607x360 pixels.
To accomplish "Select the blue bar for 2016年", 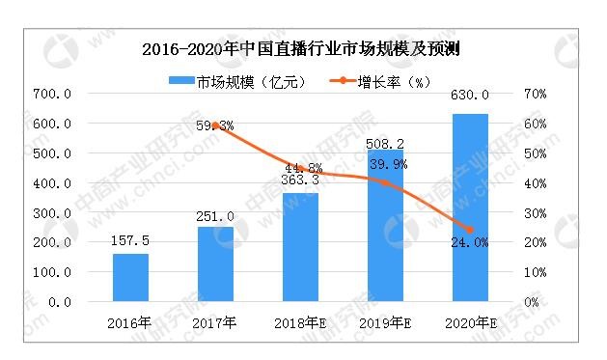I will [130, 277].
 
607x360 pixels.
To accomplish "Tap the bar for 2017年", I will [215, 263].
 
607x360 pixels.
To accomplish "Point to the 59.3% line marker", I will [215, 125].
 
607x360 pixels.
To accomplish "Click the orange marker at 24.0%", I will [470, 230].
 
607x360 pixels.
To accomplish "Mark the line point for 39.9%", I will [385, 182].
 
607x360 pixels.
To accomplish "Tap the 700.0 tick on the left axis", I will [51, 94].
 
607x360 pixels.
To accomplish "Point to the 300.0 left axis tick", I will [51, 212].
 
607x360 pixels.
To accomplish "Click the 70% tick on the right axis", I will [536, 94].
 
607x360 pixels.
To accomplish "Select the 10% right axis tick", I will [536, 272].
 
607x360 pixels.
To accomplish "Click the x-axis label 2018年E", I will [300, 321].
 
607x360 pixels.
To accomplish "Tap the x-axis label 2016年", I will [130, 321].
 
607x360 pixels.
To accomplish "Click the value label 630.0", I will [470, 95].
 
